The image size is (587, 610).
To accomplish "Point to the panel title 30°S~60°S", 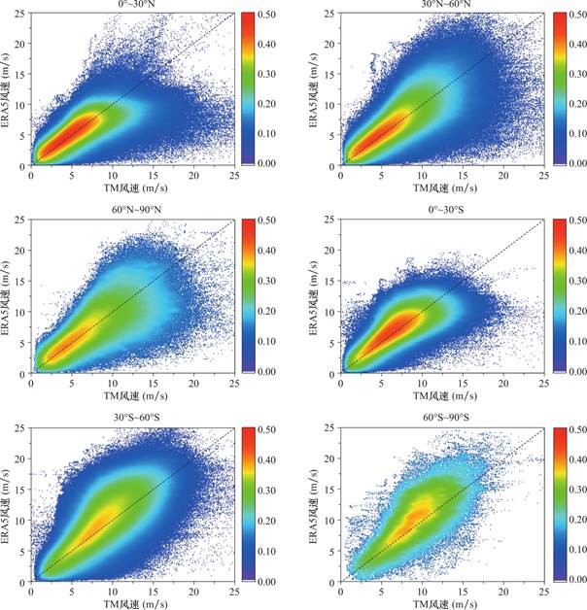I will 132,418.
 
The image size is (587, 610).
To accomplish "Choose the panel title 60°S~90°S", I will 441,418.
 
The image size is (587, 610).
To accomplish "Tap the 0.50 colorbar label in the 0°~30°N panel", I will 283,14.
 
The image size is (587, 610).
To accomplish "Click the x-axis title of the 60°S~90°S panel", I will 441,602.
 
